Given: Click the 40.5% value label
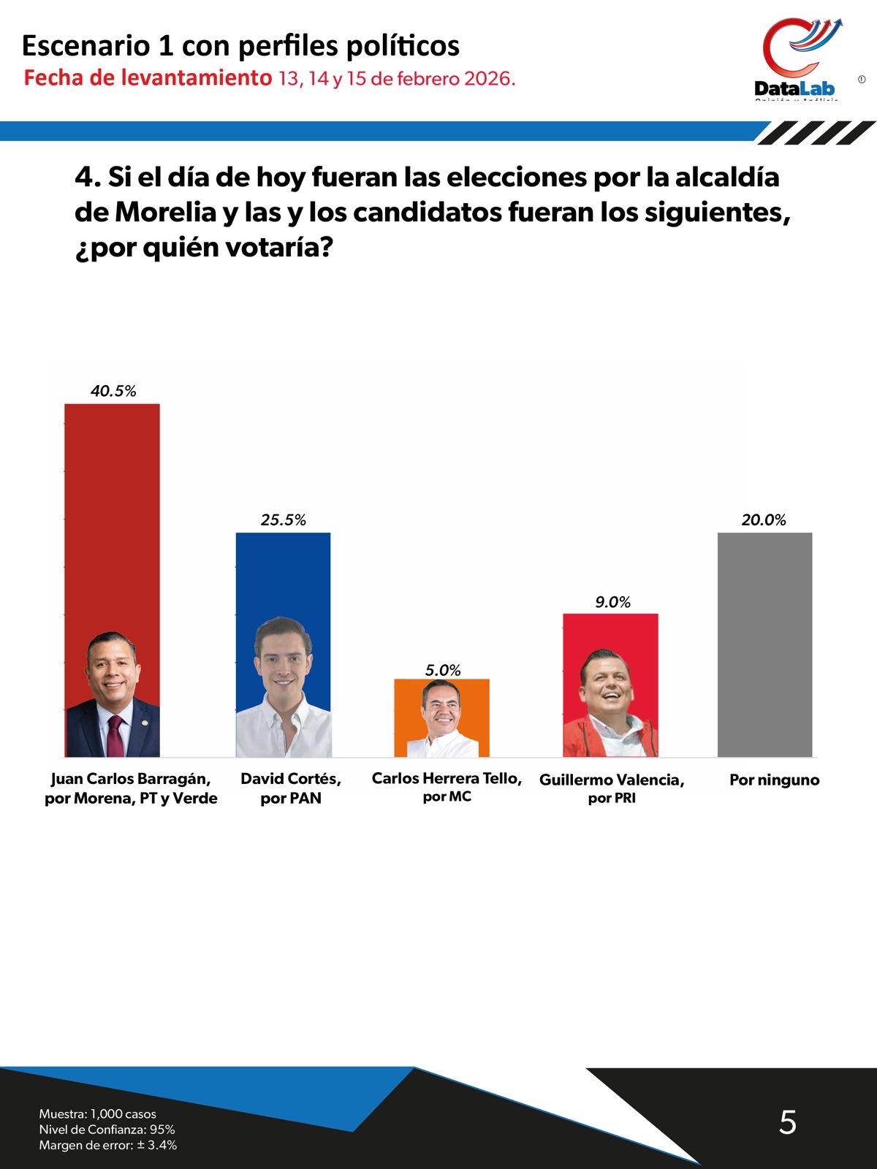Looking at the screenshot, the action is pos(113,391).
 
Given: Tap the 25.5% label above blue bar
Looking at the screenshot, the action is pos(283,520).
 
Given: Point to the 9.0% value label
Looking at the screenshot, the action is pos(612,602).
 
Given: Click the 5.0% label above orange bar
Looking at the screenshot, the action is pos(443,670).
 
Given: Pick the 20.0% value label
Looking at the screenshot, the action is pos(764,520).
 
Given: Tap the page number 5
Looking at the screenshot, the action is pos(787,1122).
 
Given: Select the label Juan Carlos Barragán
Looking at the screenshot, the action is pos(131,779).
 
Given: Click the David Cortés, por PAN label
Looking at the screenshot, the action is pos(291,788).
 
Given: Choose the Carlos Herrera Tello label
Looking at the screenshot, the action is pos(447,779).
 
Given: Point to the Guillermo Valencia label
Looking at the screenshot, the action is pos(612,780).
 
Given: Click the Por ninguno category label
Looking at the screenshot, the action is pos(774,780).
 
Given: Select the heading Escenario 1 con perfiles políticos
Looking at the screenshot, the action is pos(240,45).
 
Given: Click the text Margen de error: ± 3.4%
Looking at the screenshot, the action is pos(108,1145).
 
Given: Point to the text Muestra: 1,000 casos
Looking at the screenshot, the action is pos(97,1113).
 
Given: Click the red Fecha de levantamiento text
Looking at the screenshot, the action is pos(147,78).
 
